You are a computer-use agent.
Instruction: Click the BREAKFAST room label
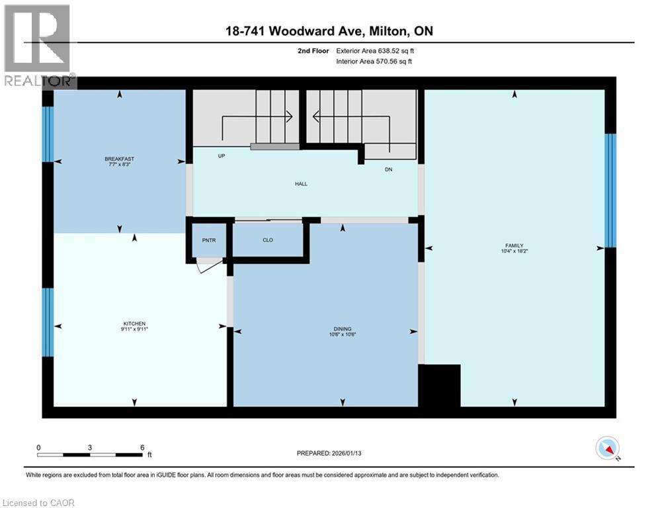(119, 159)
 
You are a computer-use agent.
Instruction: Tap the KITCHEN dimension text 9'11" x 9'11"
(134, 329)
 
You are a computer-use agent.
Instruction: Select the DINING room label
(343, 329)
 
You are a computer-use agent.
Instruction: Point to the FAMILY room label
(514, 245)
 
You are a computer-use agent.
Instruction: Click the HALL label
(302, 185)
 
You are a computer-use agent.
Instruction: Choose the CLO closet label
(268, 240)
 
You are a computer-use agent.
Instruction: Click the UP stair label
(222, 157)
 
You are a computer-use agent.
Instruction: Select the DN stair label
(389, 170)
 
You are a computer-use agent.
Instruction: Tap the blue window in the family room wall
(610, 190)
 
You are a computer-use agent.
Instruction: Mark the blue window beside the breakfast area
(48, 134)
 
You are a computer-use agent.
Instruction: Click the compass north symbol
(607, 449)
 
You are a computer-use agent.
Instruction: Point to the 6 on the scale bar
(142, 447)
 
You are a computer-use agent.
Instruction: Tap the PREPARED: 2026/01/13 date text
(330, 453)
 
